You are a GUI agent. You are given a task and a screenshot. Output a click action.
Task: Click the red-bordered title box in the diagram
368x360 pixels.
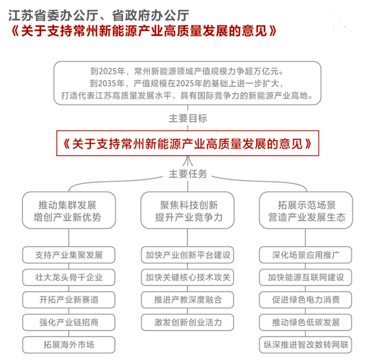(187, 143)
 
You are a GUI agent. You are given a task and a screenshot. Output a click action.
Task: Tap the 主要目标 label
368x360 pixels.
(188, 118)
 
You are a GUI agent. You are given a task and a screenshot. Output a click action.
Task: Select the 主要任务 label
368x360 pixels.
(188, 174)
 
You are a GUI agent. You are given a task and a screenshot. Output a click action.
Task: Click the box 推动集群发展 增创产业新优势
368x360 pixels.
(69, 210)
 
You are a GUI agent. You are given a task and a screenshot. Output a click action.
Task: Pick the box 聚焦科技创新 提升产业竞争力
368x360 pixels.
(187, 210)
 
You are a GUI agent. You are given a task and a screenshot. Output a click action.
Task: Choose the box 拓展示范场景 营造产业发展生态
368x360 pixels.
(306, 210)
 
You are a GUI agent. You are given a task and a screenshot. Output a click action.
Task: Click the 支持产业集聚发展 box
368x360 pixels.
(69, 255)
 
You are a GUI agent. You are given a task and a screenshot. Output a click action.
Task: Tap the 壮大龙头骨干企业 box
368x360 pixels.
(69, 277)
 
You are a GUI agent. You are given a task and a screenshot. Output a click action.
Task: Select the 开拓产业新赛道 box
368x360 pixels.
(69, 300)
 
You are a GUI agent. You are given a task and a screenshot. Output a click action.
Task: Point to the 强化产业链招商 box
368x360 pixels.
(69, 322)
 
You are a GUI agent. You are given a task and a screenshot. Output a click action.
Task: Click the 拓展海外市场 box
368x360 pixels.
(69, 344)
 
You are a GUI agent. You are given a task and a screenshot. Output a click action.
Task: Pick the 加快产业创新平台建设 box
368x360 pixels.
(187, 255)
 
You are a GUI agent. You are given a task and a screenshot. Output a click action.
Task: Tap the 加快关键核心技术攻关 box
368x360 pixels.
(187, 277)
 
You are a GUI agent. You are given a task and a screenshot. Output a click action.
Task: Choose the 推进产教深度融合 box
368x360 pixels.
(187, 300)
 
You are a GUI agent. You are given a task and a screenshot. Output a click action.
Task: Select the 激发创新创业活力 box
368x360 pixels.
(187, 322)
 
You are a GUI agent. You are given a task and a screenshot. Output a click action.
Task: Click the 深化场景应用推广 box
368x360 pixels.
(305, 255)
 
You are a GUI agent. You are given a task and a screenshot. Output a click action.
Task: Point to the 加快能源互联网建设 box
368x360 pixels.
(305, 277)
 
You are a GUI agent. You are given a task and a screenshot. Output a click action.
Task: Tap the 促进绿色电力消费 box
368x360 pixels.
(305, 300)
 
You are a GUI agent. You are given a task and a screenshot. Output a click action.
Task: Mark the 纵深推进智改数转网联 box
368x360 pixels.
(305, 344)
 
